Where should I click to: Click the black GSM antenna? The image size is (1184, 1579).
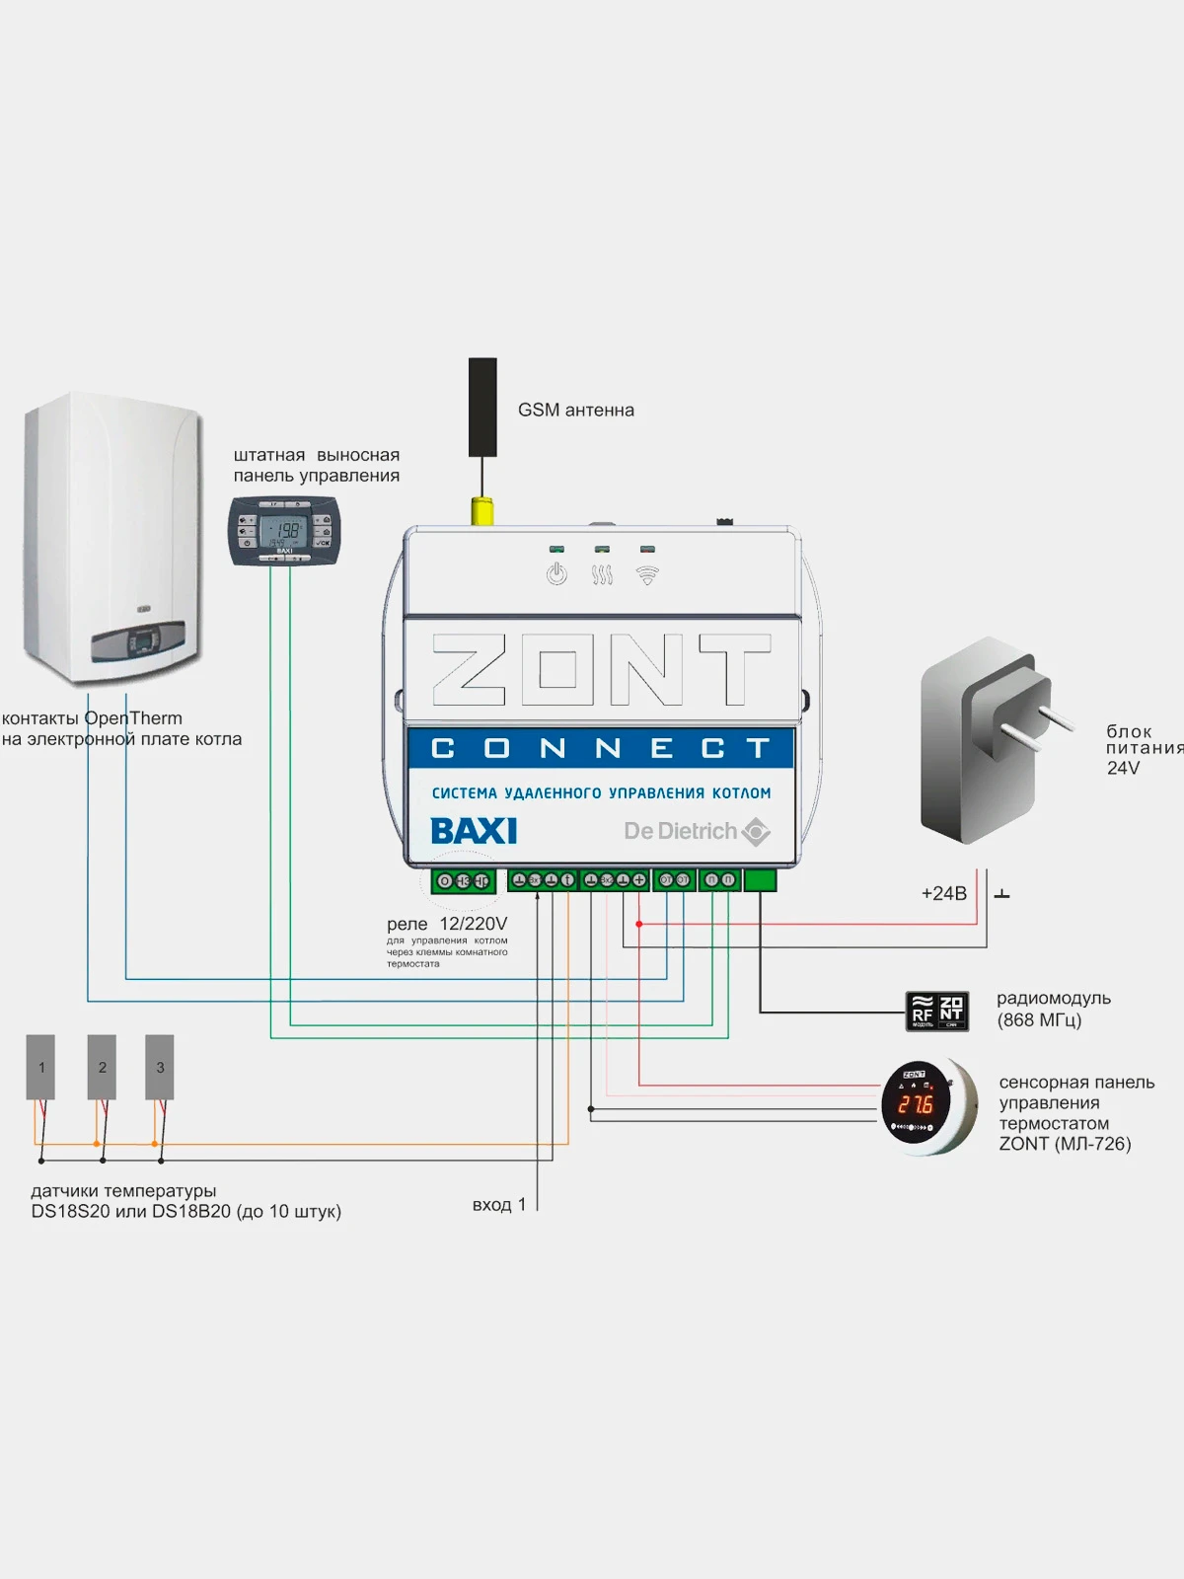click(x=482, y=407)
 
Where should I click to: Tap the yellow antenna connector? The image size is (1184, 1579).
click(x=482, y=511)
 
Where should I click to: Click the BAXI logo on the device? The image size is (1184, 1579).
click(x=474, y=831)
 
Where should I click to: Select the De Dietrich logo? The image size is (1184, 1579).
click(x=696, y=831)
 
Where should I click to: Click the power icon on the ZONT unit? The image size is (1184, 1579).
click(x=556, y=573)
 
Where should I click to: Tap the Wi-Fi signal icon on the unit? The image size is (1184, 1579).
click(x=647, y=574)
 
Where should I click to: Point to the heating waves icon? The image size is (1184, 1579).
click(x=602, y=574)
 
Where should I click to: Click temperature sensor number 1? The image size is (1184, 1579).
click(x=40, y=1067)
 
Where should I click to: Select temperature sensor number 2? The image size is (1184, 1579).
click(x=102, y=1067)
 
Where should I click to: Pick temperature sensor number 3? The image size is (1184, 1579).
click(x=160, y=1067)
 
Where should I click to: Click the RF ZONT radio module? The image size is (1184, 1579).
click(x=937, y=1012)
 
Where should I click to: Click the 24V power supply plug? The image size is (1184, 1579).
click(x=987, y=740)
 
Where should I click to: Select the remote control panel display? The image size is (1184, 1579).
click(x=284, y=533)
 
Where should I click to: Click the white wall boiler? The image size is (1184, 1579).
click(x=113, y=538)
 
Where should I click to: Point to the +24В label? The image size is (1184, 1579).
click(x=943, y=893)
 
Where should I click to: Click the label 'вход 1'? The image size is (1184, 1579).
click(x=498, y=1204)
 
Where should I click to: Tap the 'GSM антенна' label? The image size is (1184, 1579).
click(x=576, y=410)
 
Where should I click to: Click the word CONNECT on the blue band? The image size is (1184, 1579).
click(x=601, y=749)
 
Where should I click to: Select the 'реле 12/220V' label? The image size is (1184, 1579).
click(x=447, y=924)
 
